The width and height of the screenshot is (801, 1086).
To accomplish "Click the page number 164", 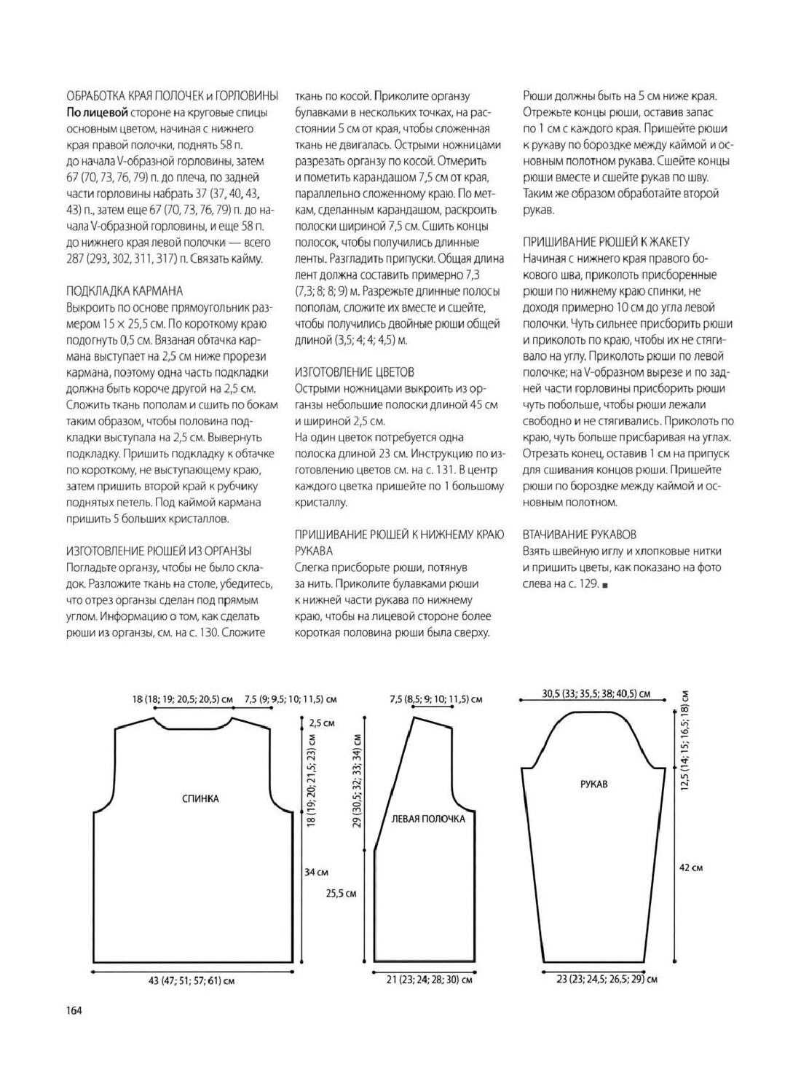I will click(74, 1010).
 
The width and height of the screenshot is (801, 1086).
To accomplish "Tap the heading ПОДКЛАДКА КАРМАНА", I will click(124, 291).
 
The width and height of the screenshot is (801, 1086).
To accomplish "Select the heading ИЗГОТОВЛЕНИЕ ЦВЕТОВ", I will click(355, 372).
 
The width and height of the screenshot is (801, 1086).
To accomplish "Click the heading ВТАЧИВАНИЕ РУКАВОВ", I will click(580, 534).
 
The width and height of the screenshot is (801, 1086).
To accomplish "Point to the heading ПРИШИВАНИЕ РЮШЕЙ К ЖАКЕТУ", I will click(606, 242).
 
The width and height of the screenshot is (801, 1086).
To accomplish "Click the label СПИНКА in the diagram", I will click(200, 798).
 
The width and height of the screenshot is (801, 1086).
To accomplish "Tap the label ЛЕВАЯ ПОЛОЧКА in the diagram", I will click(428, 819).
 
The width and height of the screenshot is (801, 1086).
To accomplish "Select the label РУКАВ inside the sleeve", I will click(594, 784).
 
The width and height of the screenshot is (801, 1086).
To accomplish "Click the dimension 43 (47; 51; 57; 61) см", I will click(192, 981).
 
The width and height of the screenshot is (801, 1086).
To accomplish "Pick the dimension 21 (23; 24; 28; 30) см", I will click(430, 980).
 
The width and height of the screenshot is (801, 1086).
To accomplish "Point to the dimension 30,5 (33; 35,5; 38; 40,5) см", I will click(596, 694).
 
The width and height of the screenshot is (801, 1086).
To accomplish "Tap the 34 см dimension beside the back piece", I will click(316, 872).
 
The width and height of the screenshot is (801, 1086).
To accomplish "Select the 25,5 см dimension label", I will click(341, 893).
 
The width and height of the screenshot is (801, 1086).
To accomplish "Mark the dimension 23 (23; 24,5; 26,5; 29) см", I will click(607, 980).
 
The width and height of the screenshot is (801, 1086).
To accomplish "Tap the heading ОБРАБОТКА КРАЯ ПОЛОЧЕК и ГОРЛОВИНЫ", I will click(173, 95).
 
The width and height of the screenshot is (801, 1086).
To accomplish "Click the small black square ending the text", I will click(605, 585).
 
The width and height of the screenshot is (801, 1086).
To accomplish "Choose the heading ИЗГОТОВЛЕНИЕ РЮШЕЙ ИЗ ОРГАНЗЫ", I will click(159, 551).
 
